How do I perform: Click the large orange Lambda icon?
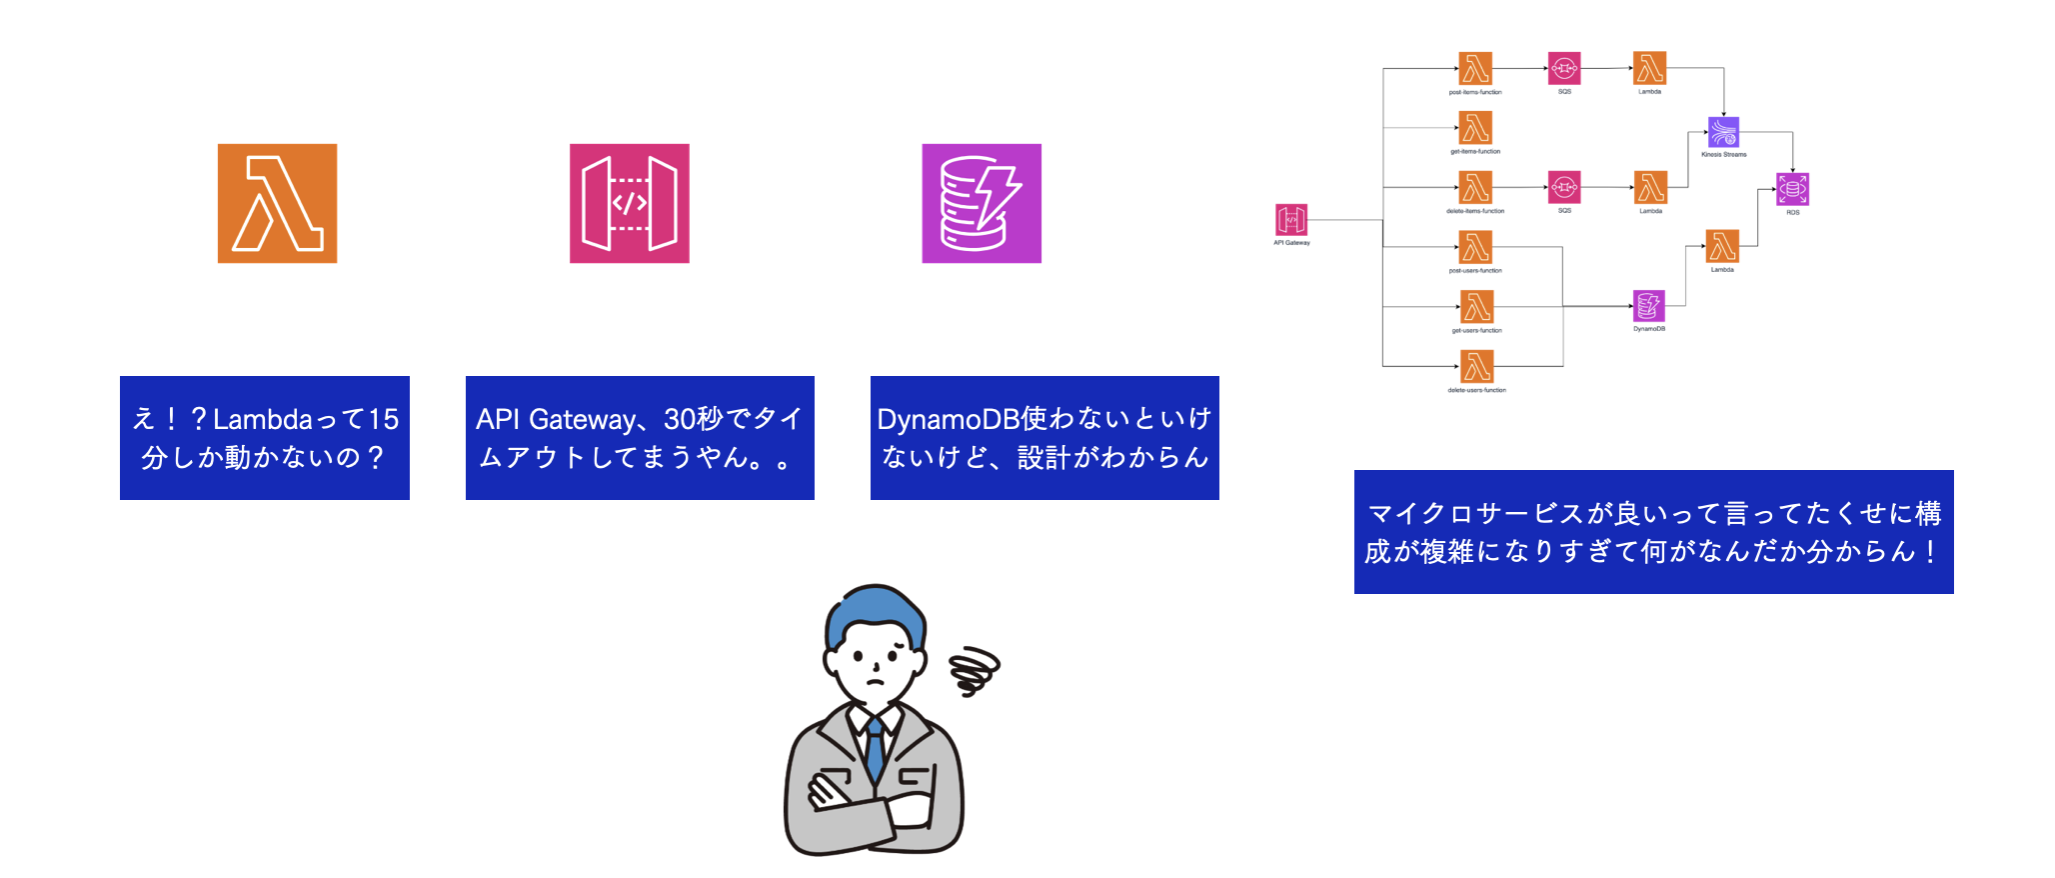277,203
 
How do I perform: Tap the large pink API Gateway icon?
629,203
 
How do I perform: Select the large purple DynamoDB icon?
981,203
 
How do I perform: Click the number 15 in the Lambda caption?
384,419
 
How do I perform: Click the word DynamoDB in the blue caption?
948,419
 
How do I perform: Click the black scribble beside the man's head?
974,670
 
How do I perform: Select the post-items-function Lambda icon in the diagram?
1475,69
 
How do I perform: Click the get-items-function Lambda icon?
1475,128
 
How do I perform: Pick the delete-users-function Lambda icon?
1476,367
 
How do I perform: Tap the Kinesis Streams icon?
1723,132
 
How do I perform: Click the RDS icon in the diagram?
1792,189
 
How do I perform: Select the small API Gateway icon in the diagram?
1291,220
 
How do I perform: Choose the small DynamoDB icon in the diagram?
1648,306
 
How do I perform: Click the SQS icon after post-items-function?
1564,69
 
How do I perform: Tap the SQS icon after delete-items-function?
1564,187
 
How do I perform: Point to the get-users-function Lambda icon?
1476,307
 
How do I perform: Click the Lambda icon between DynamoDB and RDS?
1722,246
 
